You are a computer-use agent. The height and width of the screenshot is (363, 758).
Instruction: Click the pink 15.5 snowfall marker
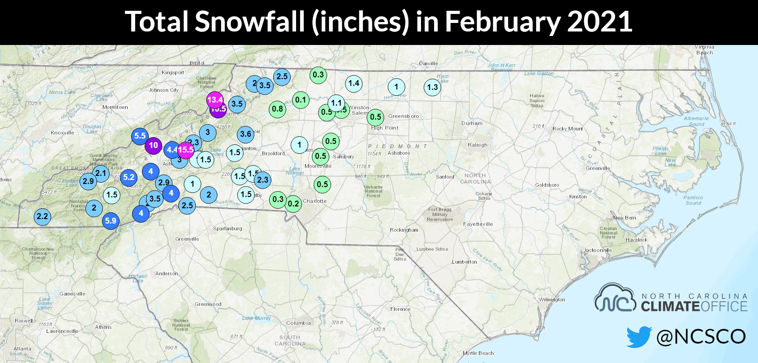[186, 150]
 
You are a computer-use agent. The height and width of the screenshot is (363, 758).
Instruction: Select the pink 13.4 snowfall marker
[215, 99]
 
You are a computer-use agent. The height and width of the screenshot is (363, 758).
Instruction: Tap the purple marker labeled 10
[153, 145]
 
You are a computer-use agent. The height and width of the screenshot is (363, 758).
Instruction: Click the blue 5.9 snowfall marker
[111, 221]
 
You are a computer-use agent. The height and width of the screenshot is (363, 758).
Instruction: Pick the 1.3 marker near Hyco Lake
[432, 87]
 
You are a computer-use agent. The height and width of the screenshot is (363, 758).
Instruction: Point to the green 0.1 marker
[301, 100]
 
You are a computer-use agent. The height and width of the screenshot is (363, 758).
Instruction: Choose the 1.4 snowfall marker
[354, 83]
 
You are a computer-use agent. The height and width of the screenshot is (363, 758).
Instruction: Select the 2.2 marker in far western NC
[42, 216]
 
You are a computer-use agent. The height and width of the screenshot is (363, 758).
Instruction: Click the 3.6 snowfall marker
[245, 134]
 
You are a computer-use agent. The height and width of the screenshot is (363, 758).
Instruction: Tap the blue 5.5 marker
[140, 136]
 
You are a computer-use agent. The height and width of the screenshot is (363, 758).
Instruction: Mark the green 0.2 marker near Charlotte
[293, 203]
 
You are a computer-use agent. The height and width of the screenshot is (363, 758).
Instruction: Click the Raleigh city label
[477, 145]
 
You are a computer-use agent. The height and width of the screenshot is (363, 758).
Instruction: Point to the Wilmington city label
[552, 300]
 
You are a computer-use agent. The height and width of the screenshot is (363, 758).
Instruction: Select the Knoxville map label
[62, 133]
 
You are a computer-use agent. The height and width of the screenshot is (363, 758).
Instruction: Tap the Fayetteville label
[478, 224]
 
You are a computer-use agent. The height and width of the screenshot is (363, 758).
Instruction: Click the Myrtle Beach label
[478, 353]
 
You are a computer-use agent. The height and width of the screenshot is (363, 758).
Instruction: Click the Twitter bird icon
[639, 336]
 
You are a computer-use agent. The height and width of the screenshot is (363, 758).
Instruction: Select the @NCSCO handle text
[700, 336]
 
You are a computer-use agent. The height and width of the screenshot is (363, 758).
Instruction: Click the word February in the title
[502, 22]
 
